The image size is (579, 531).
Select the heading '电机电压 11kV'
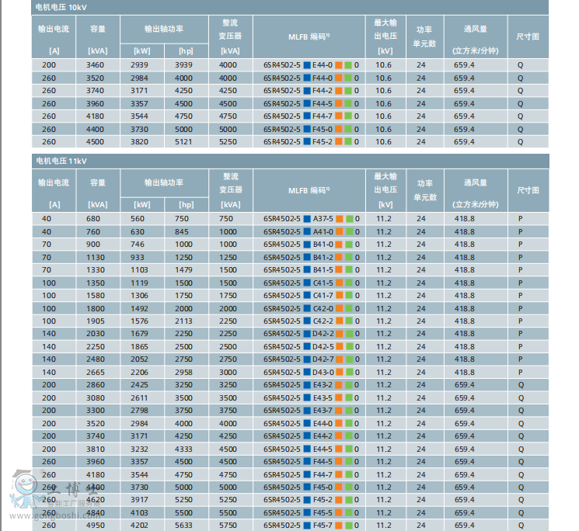click(61, 161)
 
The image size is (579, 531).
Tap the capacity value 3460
click(97, 65)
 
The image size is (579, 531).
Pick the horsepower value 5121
click(183, 142)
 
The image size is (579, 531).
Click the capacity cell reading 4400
click(97, 130)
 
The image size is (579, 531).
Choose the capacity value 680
click(97, 219)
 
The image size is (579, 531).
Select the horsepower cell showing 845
click(183, 231)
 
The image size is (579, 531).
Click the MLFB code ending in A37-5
click(311, 219)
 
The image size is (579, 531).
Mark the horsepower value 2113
click(183, 321)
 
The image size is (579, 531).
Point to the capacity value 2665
click(97, 373)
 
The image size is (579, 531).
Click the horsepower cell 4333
click(183, 449)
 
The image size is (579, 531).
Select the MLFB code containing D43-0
click(311, 373)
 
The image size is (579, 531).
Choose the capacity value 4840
click(97, 513)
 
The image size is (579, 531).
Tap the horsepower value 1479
click(183, 270)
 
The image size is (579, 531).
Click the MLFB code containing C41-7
click(311, 296)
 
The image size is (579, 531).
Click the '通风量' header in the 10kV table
click(475, 29)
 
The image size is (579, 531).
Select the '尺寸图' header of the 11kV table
click(528, 190)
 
